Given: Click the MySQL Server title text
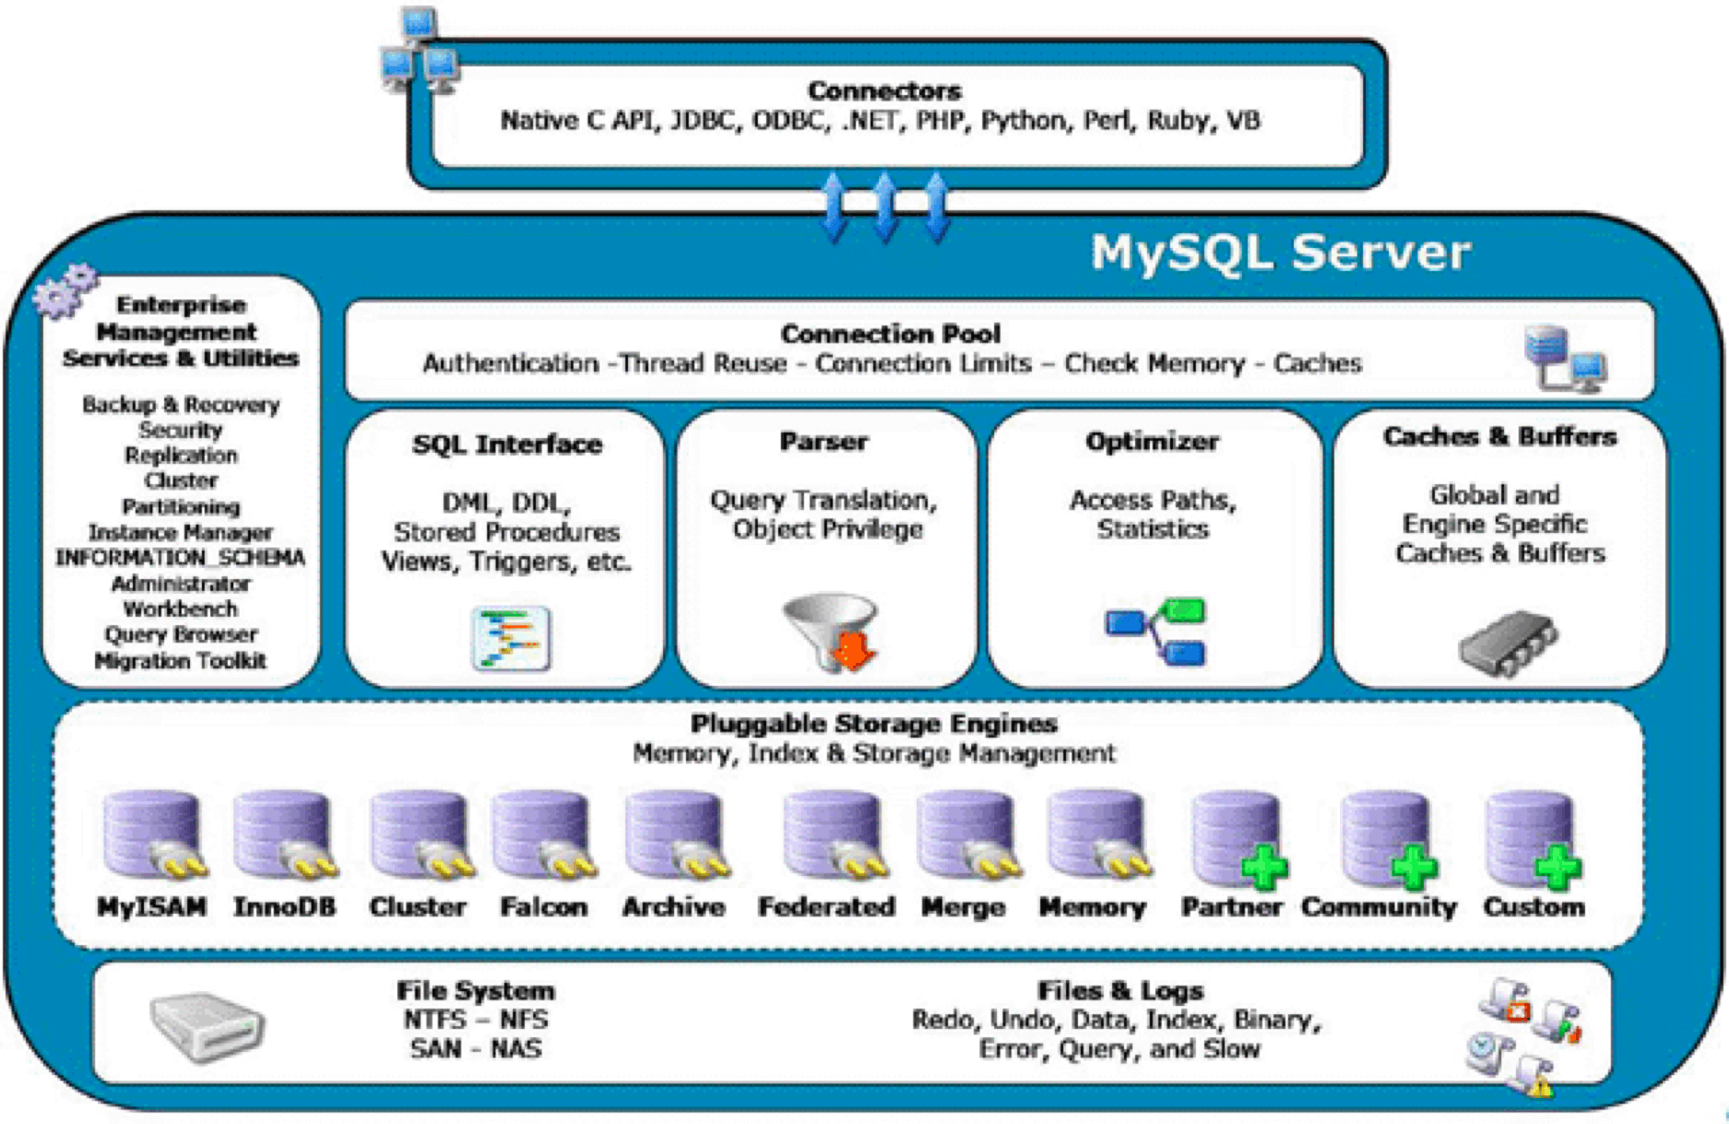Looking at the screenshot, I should click(x=1280, y=253).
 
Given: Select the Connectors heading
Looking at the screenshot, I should click(x=884, y=90).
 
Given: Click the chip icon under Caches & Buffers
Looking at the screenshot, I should click(x=1508, y=643).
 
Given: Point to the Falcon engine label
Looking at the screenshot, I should click(x=543, y=907).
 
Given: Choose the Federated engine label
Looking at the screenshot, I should click(x=826, y=907).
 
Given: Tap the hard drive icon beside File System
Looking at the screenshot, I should click(x=207, y=1026).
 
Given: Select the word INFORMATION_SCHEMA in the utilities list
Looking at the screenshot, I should click(x=180, y=558).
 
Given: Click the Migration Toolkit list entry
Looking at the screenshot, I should click(x=180, y=661).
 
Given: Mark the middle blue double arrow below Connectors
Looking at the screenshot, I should click(x=884, y=207).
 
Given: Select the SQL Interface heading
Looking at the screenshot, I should click(x=507, y=444).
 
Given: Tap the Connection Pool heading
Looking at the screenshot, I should click(x=890, y=334).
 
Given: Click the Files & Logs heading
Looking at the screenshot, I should click(x=1120, y=991).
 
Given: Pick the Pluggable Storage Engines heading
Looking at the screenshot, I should click(x=873, y=724).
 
